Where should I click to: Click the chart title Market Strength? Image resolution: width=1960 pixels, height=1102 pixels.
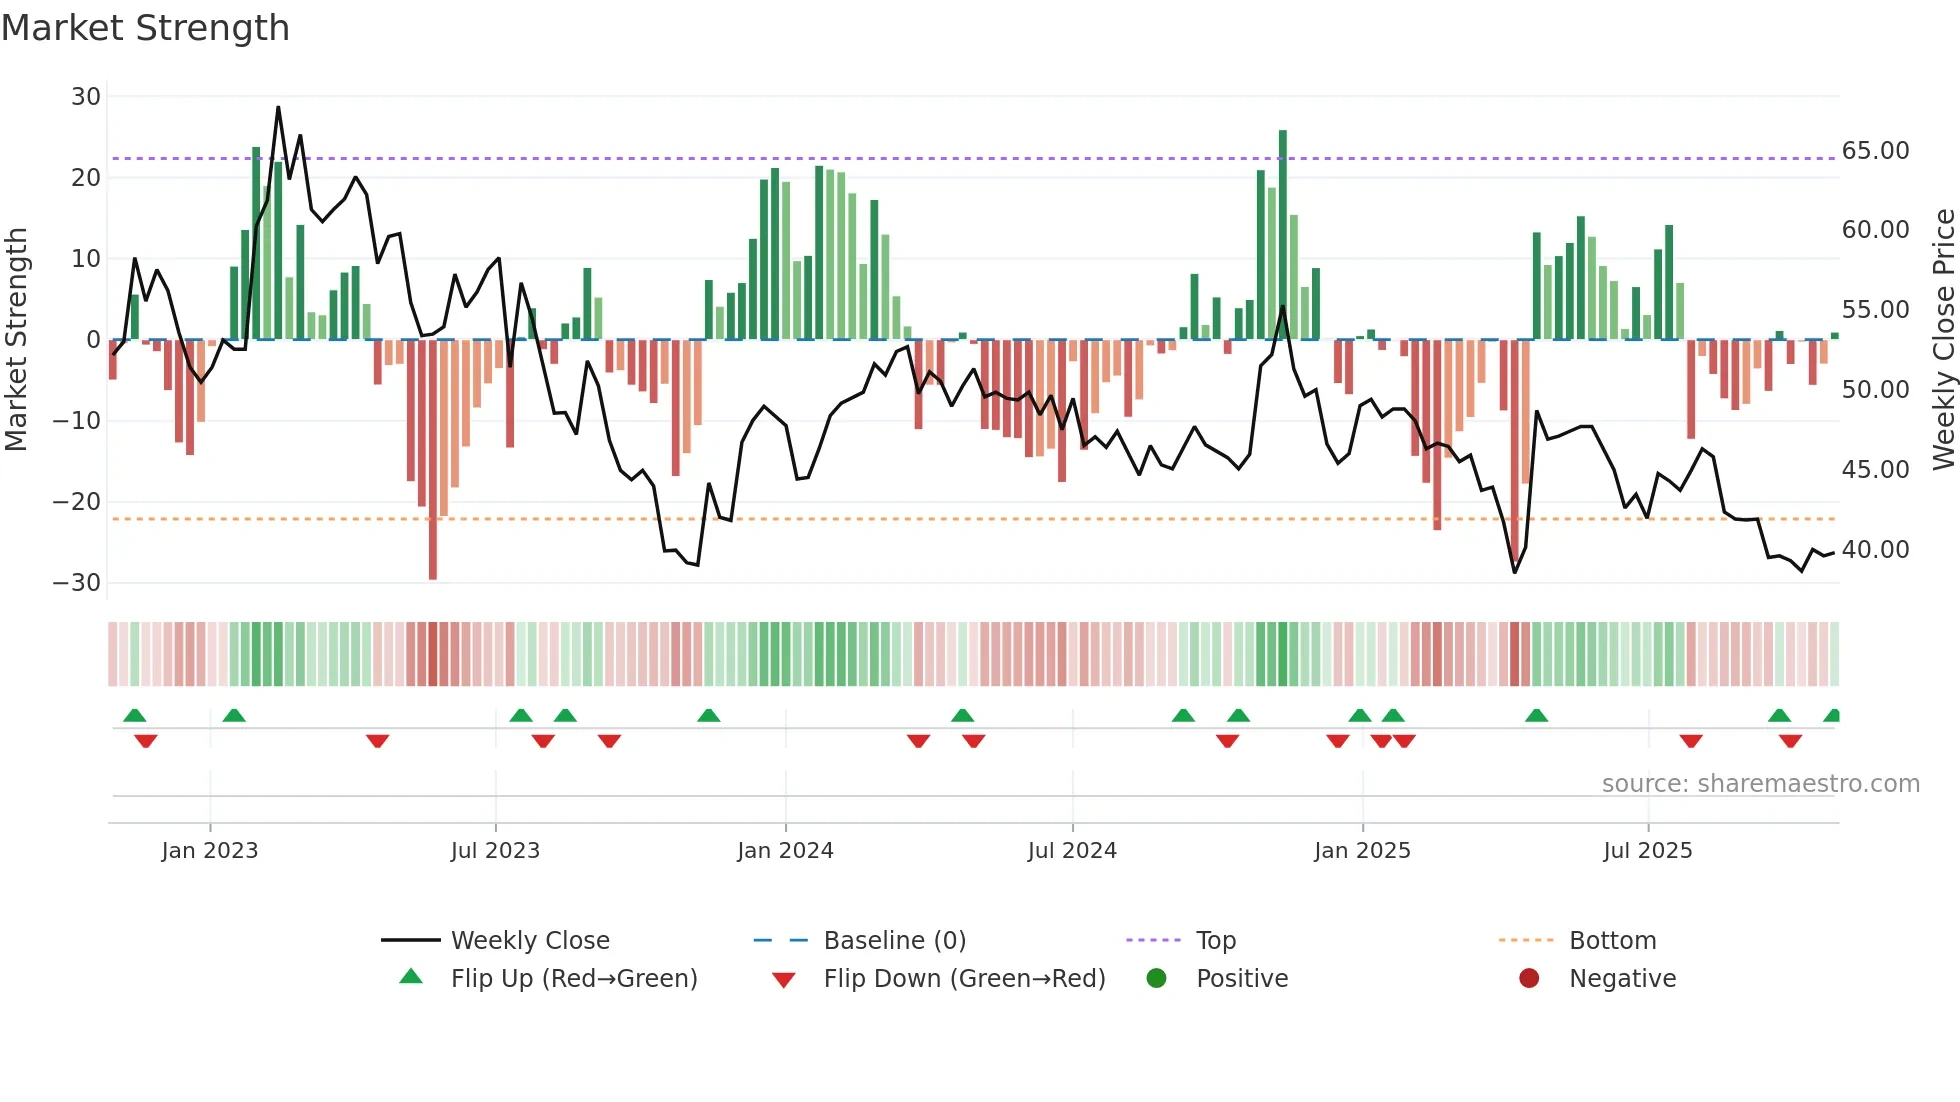pyautogui.click(x=145, y=28)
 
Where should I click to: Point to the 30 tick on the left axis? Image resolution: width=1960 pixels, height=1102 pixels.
pyautogui.click(x=86, y=97)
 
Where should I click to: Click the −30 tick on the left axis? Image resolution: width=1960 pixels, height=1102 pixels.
pyautogui.click(x=77, y=583)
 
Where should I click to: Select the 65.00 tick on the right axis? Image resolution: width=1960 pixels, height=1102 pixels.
pyautogui.click(x=1875, y=151)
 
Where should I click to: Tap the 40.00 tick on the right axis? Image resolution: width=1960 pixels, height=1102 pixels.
pyautogui.click(x=1875, y=550)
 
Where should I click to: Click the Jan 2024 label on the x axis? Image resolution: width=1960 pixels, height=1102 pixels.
pyautogui.click(x=785, y=851)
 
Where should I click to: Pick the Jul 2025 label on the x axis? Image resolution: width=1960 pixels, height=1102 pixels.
pyautogui.click(x=1647, y=851)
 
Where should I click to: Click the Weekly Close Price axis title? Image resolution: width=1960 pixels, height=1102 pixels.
pyautogui.click(x=1943, y=340)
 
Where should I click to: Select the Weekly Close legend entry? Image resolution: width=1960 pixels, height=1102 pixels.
pyautogui.click(x=529, y=941)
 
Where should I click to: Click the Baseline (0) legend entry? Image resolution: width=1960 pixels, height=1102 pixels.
pyautogui.click(x=894, y=941)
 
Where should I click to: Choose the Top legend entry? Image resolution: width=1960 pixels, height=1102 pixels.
pyautogui.click(x=1215, y=941)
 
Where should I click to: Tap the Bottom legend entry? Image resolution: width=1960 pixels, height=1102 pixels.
pyautogui.click(x=1612, y=941)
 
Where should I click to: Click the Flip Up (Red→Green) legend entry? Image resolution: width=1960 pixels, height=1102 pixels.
pyautogui.click(x=573, y=979)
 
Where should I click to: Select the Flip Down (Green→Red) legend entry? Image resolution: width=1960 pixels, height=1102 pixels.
pyautogui.click(x=964, y=979)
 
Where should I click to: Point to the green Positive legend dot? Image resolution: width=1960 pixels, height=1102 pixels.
pyautogui.click(x=1157, y=979)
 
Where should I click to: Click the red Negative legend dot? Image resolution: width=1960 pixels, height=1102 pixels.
pyautogui.click(x=1529, y=979)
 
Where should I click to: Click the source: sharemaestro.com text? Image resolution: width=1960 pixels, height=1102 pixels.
pyautogui.click(x=1760, y=784)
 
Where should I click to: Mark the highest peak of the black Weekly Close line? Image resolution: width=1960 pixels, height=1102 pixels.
pyautogui.click(x=278, y=107)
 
